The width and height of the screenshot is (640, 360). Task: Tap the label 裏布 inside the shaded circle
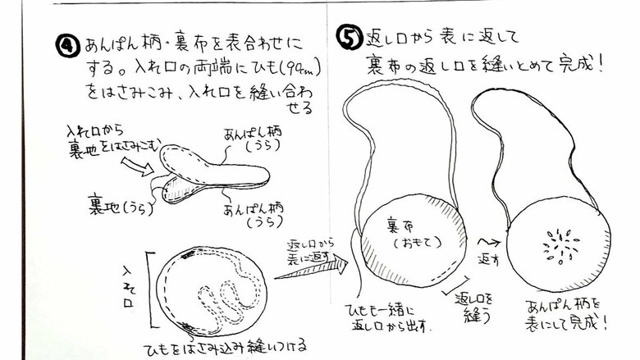(x=408, y=223)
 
